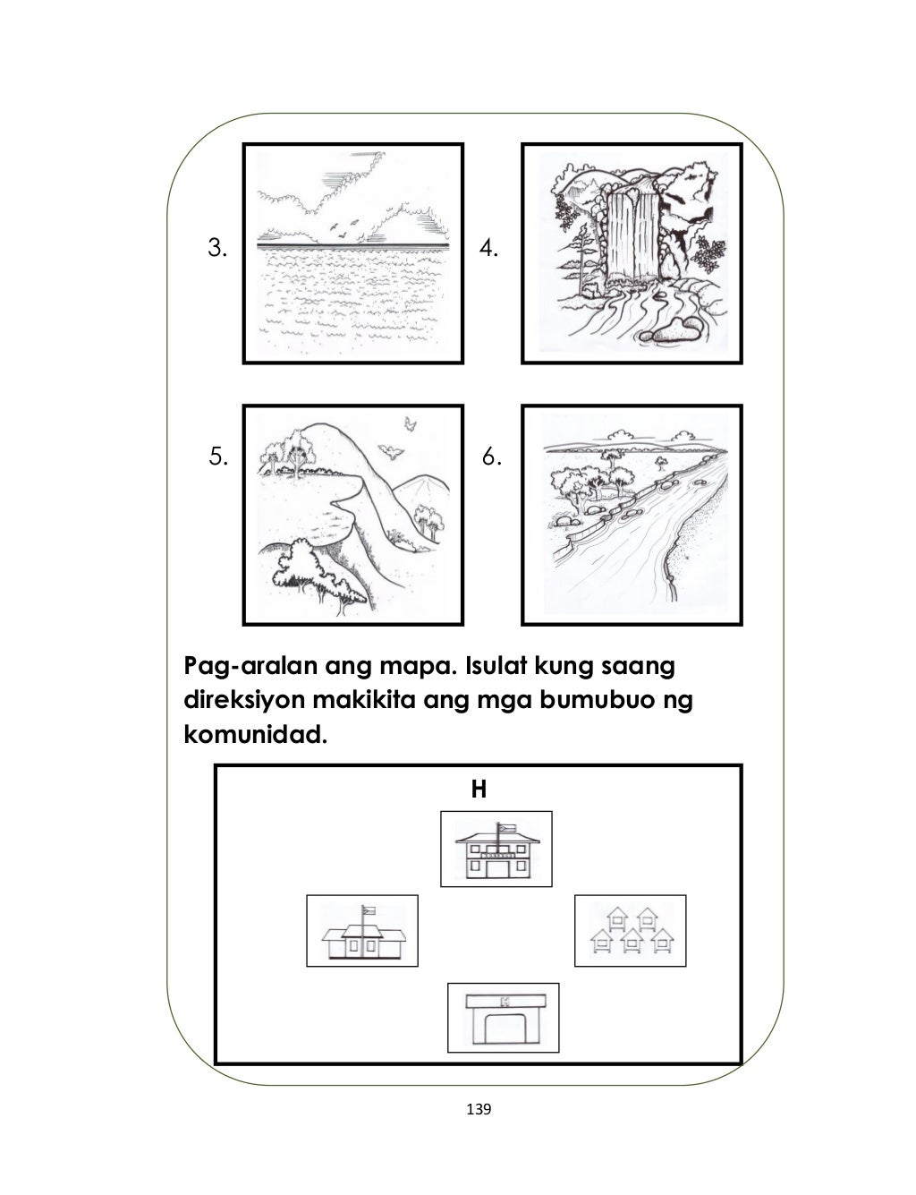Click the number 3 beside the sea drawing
tap(216, 248)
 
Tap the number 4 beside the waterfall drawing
tap(489, 248)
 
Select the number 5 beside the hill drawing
tap(216, 458)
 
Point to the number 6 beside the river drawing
tap(491, 458)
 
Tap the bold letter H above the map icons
tap(479, 790)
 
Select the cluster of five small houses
tap(630, 931)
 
